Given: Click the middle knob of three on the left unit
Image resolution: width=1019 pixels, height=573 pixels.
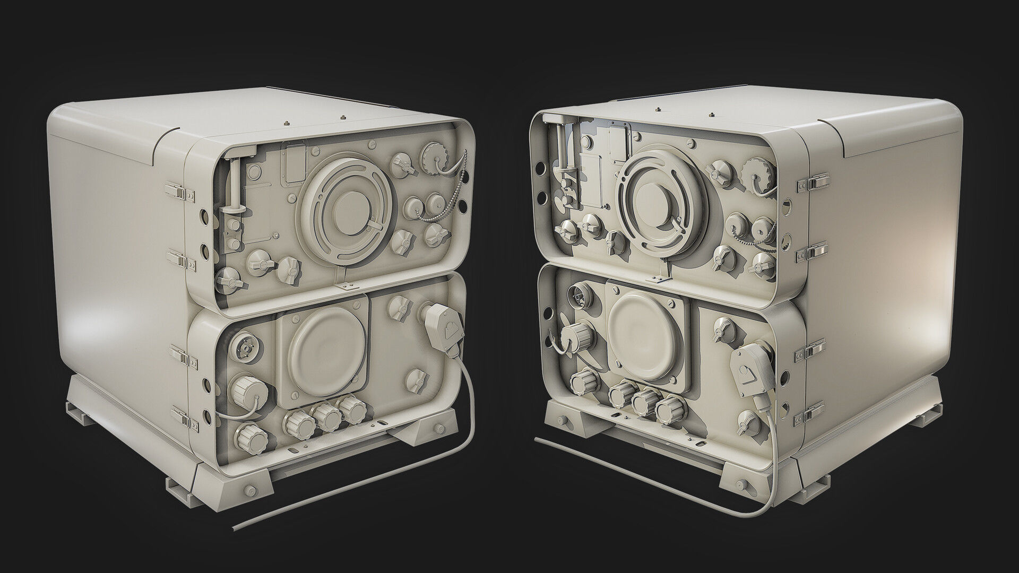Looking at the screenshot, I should coord(327,416).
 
